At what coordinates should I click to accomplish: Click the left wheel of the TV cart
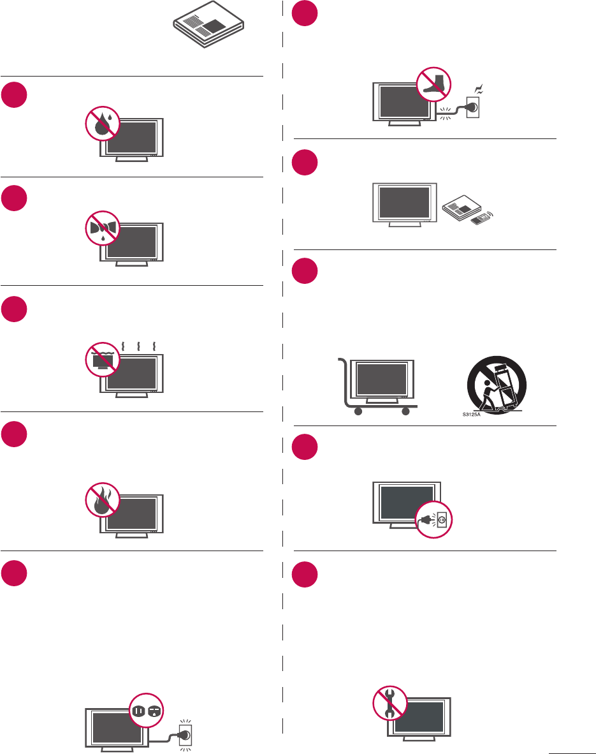(x=357, y=412)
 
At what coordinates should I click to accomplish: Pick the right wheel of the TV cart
(x=405, y=412)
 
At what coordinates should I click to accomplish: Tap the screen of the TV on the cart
(x=381, y=380)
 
